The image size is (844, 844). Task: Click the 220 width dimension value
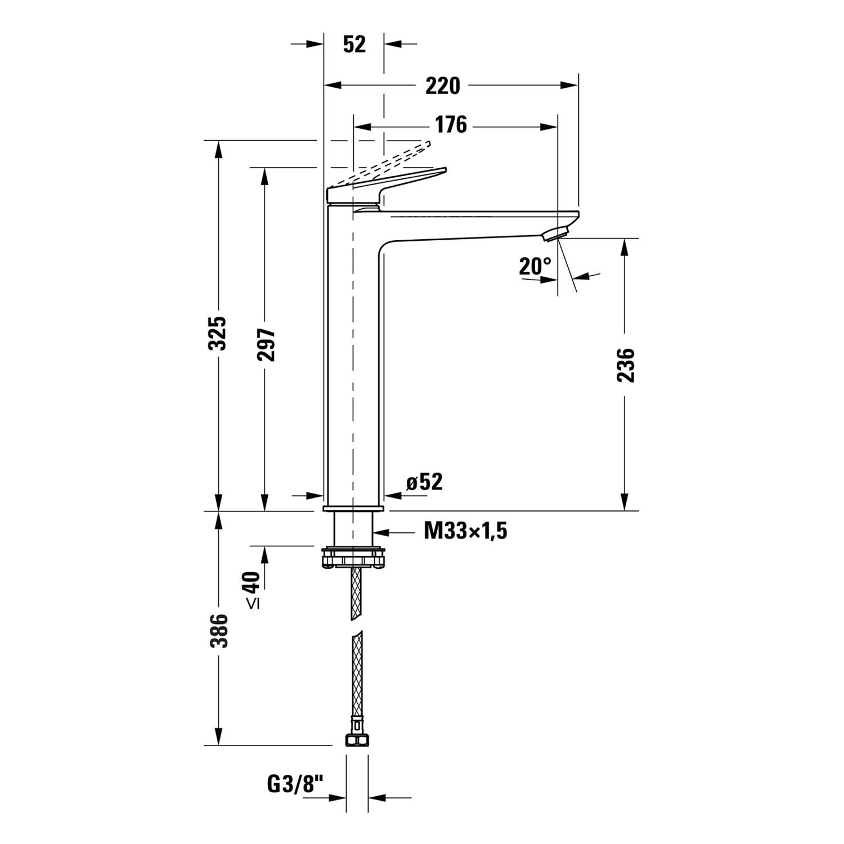coord(442,86)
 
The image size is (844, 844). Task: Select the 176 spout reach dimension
coord(451,124)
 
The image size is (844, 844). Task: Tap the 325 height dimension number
coord(218,333)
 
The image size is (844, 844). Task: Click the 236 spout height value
coord(626,366)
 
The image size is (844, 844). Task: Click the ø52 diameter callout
coord(424,482)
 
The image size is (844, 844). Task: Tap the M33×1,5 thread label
coord(465,530)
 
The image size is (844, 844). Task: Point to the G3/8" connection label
coord(295,784)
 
